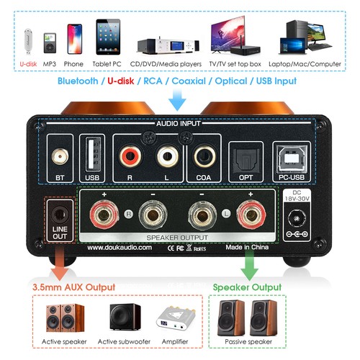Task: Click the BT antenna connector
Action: [x=60, y=155]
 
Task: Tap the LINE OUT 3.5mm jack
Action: [x=60, y=214]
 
